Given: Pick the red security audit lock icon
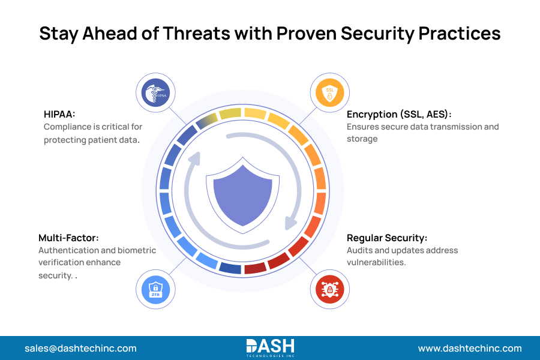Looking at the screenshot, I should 329,288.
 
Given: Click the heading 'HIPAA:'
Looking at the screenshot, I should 59,114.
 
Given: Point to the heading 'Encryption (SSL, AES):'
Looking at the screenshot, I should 399,114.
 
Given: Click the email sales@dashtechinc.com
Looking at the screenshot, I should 80,348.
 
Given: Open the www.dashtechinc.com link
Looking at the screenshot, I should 470,348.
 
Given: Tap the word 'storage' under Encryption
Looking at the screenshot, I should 362,139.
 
